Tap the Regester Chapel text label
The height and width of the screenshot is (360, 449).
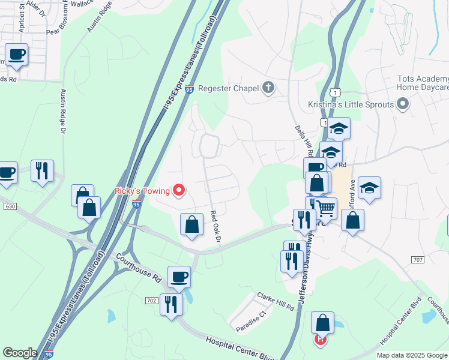coord(228,89)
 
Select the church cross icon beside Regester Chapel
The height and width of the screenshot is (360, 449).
coord(268,89)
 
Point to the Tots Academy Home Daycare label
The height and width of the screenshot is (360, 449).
coord(423,83)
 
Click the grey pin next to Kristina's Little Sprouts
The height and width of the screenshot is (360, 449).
coord(403,105)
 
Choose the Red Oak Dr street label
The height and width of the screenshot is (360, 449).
coord(216,227)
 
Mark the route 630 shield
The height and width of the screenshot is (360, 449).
coord(9,206)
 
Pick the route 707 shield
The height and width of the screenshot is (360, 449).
coord(418,259)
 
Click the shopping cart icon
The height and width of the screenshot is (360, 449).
coord(326,209)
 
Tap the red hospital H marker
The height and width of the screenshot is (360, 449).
coord(321,340)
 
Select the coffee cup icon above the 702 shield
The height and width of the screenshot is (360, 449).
coord(179,277)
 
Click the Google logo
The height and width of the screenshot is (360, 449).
coord(20,353)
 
